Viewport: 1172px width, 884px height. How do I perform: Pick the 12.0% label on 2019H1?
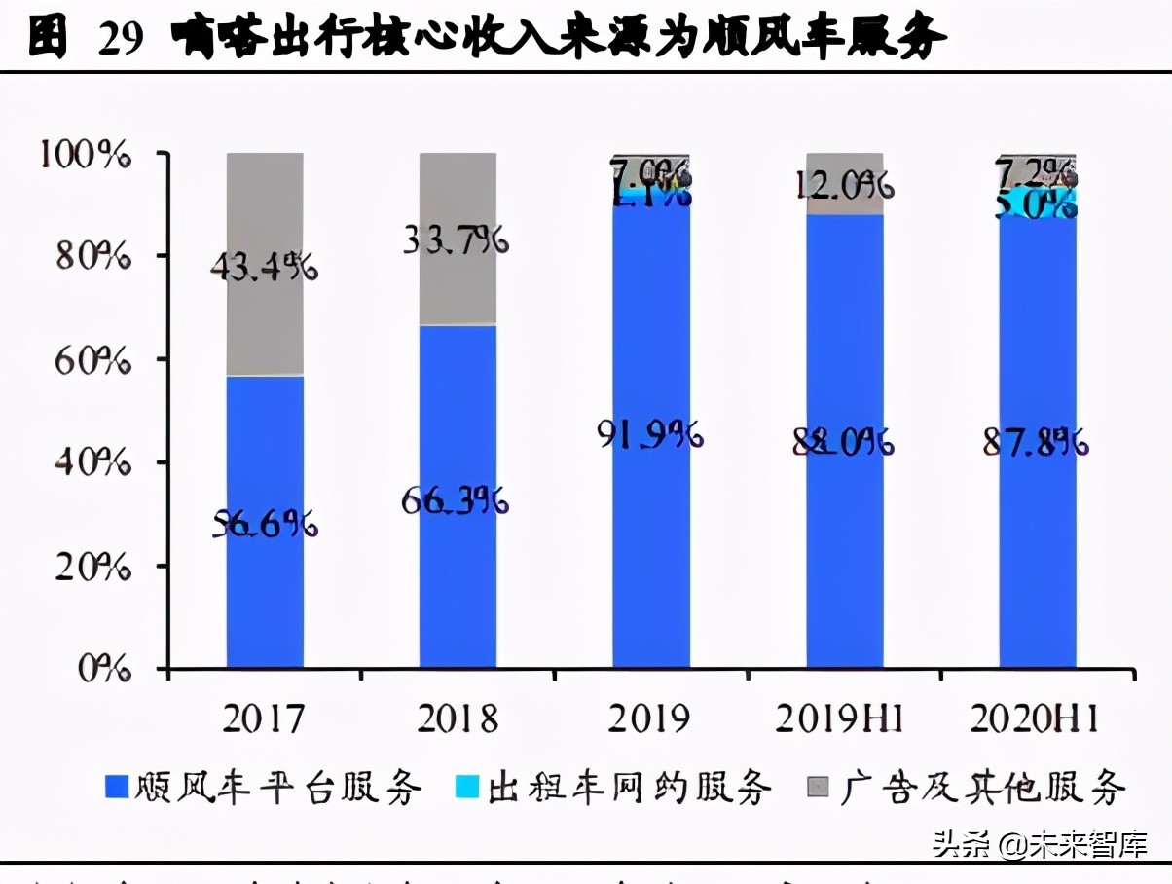pyautogui.click(x=844, y=185)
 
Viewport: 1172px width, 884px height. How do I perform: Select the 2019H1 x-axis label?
pyautogui.click(x=840, y=719)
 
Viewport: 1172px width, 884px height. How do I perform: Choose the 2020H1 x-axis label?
pyautogui.click(x=1035, y=719)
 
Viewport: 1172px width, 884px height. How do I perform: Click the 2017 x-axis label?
pyautogui.click(x=263, y=719)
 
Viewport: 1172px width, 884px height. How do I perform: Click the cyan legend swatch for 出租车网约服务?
pyautogui.click(x=467, y=787)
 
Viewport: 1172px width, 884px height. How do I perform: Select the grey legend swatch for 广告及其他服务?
pyautogui.click(x=818, y=787)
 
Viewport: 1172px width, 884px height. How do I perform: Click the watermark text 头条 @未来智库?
pyautogui.click(x=1039, y=842)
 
